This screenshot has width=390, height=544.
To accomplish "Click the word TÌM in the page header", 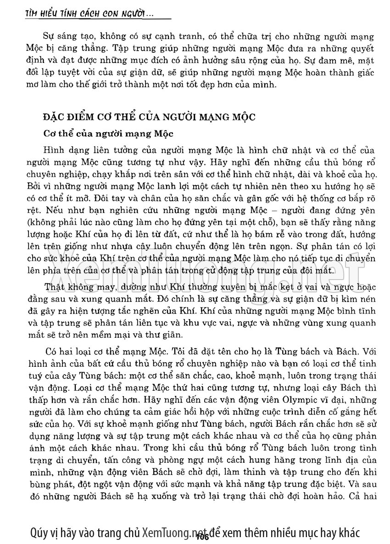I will (33, 15).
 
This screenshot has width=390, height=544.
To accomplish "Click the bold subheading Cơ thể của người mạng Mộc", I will (109, 134).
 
